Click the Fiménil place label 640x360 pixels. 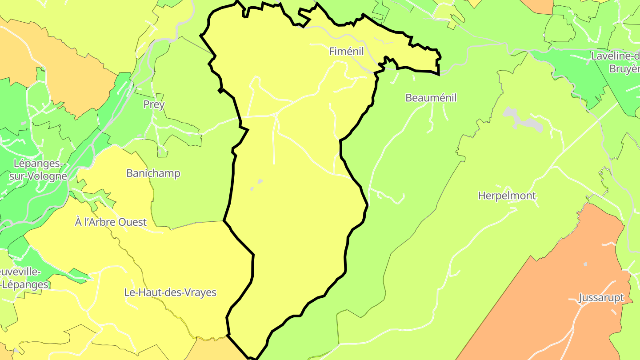[346, 52]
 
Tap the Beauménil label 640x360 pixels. [431, 98]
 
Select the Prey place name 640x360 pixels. [154, 105]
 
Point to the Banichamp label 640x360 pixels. [153, 173]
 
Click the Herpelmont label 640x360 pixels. [507, 196]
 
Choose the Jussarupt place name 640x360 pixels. [601, 298]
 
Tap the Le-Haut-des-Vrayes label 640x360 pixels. [170, 292]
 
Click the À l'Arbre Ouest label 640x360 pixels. [111, 222]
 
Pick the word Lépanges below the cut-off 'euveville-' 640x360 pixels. [26, 284]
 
